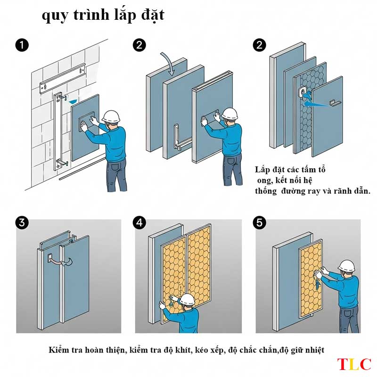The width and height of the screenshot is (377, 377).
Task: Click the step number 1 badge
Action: pos(22,45)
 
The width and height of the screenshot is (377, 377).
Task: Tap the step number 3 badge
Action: pos(22,222)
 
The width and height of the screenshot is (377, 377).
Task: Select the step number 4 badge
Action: pos(139,222)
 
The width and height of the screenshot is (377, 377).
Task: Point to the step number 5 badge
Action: pos(260,222)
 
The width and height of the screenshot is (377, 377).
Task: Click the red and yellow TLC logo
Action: pos(354,364)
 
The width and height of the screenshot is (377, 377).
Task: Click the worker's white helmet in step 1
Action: pos(111,116)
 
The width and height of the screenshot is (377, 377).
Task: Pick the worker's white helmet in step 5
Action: pos(346,265)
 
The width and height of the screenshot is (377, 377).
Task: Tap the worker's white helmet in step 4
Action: pos(187,299)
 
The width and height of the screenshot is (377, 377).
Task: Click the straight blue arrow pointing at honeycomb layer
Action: pos(316,104)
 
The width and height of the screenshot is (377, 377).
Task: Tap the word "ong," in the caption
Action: pos(265,180)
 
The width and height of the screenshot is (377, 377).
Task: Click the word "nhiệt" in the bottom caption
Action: pos(315,350)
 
